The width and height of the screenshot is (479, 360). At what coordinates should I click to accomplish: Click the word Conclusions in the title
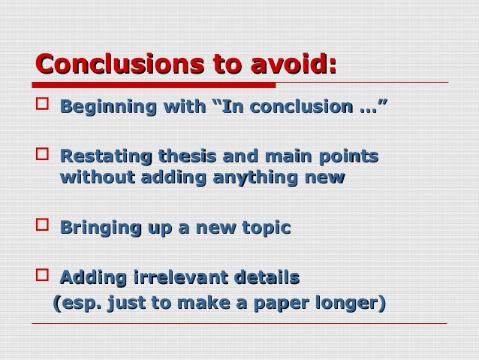(x=113, y=64)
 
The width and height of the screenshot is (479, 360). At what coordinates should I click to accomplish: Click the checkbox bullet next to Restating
(x=42, y=157)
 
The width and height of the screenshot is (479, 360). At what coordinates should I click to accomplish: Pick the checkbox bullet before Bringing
(x=42, y=227)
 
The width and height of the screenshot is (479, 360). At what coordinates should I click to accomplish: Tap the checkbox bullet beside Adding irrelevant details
(x=42, y=277)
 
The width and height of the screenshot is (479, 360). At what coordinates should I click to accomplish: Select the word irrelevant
(x=174, y=278)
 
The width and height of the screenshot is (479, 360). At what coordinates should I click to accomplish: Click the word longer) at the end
(x=356, y=304)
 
